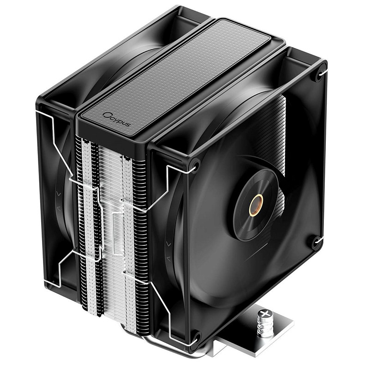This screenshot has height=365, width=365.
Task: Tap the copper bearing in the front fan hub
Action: click(256, 205)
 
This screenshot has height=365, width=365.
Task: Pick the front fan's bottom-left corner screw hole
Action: click(197, 335)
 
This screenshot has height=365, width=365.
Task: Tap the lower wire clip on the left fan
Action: click(60, 268)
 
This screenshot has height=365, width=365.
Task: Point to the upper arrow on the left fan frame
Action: click(57, 194)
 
